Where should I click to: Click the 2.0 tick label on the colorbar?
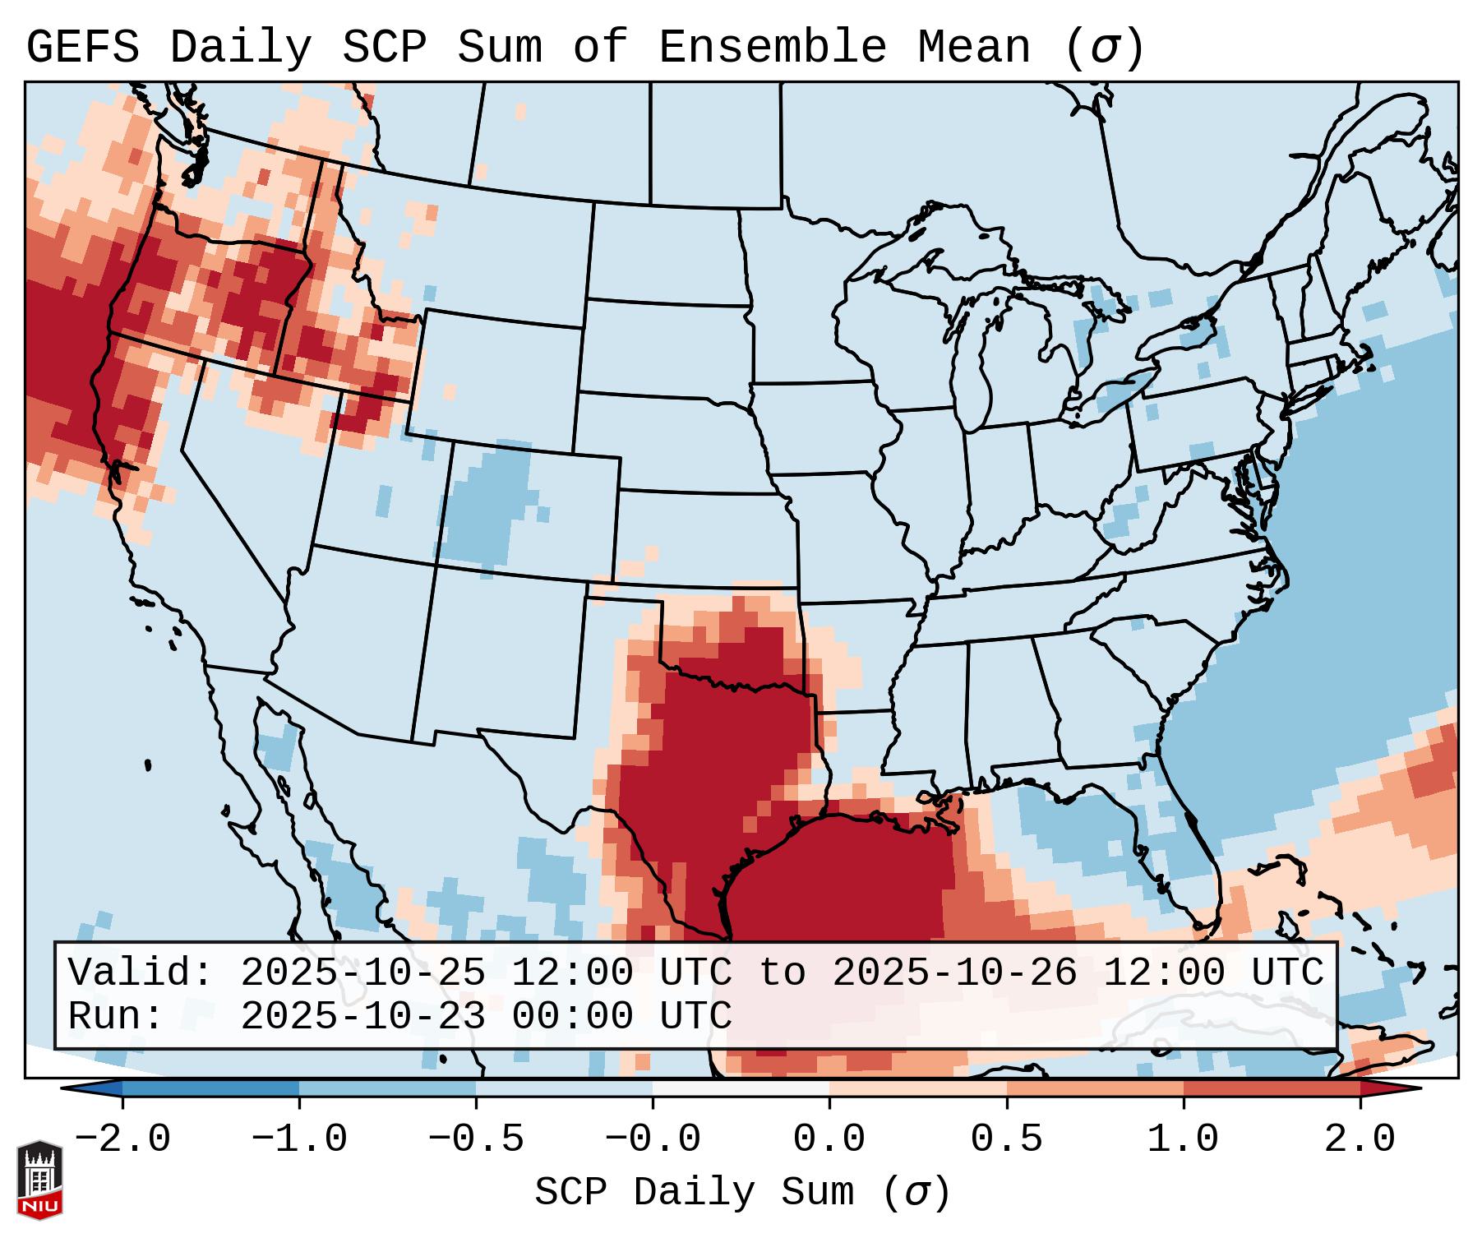click(1360, 1139)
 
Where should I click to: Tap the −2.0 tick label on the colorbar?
click(122, 1139)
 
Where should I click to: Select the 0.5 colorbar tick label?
click(1006, 1139)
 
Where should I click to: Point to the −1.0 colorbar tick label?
click(299, 1139)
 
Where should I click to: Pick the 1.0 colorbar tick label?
click(1183, 1139)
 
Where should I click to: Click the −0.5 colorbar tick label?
click(476, 1139)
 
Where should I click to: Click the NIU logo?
click(39, 1179)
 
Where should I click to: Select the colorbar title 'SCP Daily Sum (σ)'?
click(742, 1192)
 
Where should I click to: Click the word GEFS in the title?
click(82, 48)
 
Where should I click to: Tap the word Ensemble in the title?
click(773, 48)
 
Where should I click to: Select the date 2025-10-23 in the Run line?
click(362, 1016)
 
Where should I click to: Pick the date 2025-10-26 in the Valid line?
click(954, 972)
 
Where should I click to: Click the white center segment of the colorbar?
click(741, 1088)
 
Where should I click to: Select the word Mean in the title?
click(974, 48)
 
